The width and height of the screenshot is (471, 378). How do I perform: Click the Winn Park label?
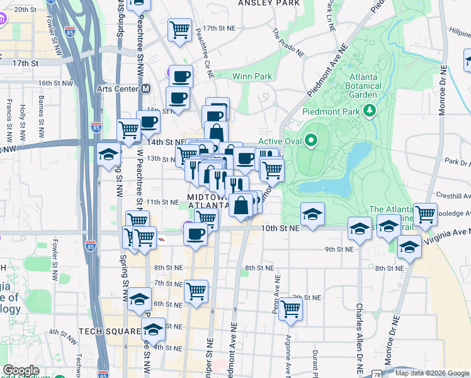pos(251,76)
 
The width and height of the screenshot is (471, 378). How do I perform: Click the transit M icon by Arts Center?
pos(146,89)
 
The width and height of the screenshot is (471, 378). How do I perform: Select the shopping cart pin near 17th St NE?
pos(180,30)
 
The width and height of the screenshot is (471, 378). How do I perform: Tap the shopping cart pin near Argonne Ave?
pos(290,309)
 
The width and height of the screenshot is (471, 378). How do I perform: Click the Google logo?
pos(21,370)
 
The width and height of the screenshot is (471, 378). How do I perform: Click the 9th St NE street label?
pos(339,249)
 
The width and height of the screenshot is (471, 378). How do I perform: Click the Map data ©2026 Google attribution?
pos(431,373)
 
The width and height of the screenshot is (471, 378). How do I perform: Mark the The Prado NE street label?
pos(288,43)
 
